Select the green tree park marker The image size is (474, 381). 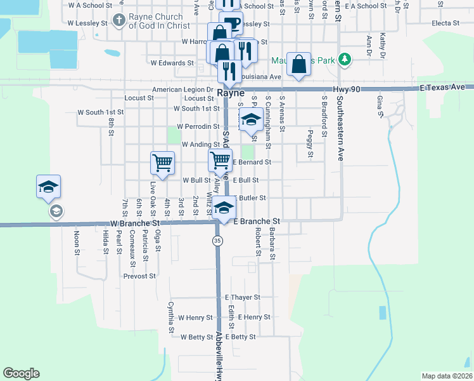click(345, 60)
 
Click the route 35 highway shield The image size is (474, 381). click(218, 241)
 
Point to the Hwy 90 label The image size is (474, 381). click(347, 90)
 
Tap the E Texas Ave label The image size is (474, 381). click(446, 86)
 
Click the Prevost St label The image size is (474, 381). click(139, 276)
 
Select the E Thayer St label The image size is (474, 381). click(243, 297)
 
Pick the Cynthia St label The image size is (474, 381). click(171, 317)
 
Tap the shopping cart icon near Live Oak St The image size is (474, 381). click(162, 163)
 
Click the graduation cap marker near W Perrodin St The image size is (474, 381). click(251, 119)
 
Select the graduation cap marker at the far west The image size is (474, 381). click(48, 187)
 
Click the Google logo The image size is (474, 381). click(21, 373)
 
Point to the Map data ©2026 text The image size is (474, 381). click(447, 376)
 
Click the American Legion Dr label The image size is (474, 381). click(183, 90)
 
